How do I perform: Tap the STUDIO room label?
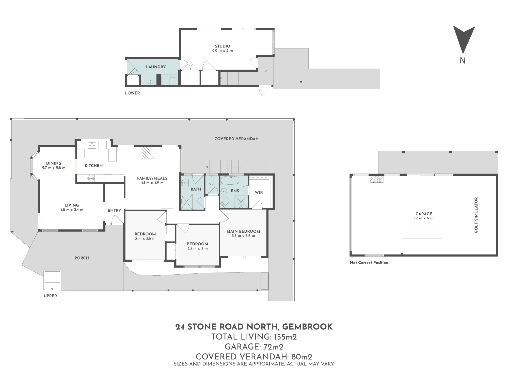223,46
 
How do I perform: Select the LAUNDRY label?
156,67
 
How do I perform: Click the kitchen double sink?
92,145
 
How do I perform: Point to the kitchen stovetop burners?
91,178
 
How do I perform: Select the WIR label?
259,193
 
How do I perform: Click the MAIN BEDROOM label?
243,231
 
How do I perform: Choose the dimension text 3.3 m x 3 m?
197,248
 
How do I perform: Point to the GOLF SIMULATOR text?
476,215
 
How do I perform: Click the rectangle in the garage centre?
422,234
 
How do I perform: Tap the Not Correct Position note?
369,263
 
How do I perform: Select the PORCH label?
82,258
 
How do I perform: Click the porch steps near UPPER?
52,281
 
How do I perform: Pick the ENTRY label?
114,210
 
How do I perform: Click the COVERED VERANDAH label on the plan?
236,139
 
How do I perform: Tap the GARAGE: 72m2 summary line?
254,347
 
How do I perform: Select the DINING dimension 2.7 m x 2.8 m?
54,168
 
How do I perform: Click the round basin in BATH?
184,182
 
